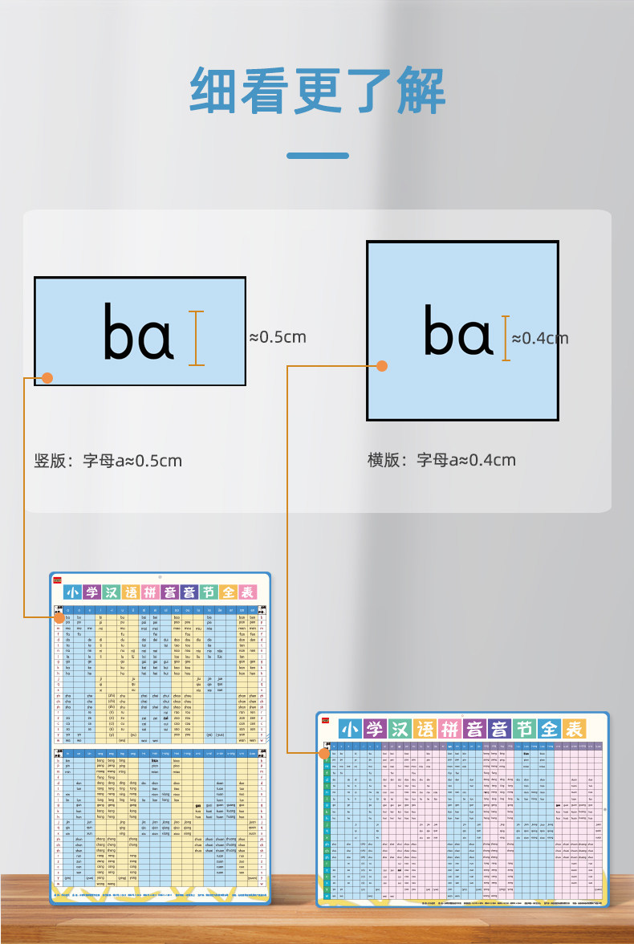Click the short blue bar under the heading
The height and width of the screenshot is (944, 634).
click(x=318, y=155)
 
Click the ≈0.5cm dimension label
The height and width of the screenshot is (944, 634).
click(x=278, y=337)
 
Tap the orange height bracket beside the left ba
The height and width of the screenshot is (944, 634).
click(x=196, y=338)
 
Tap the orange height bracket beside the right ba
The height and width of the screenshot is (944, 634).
click(x=506, y=338)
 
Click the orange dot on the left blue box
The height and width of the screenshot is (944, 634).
click(x=47, y=377)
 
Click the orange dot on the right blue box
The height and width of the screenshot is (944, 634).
click(x=382, y=366)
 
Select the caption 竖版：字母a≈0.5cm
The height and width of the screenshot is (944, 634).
click(x=108, y=461)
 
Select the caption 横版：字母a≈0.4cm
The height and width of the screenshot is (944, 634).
click(x=441, y=460)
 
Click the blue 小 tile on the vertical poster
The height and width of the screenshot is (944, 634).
click(x=74, y=593)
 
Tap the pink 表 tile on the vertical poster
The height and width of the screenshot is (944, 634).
click(x=247, y=593)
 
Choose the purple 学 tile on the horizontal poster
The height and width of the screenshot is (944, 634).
click(x=374, y=729)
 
